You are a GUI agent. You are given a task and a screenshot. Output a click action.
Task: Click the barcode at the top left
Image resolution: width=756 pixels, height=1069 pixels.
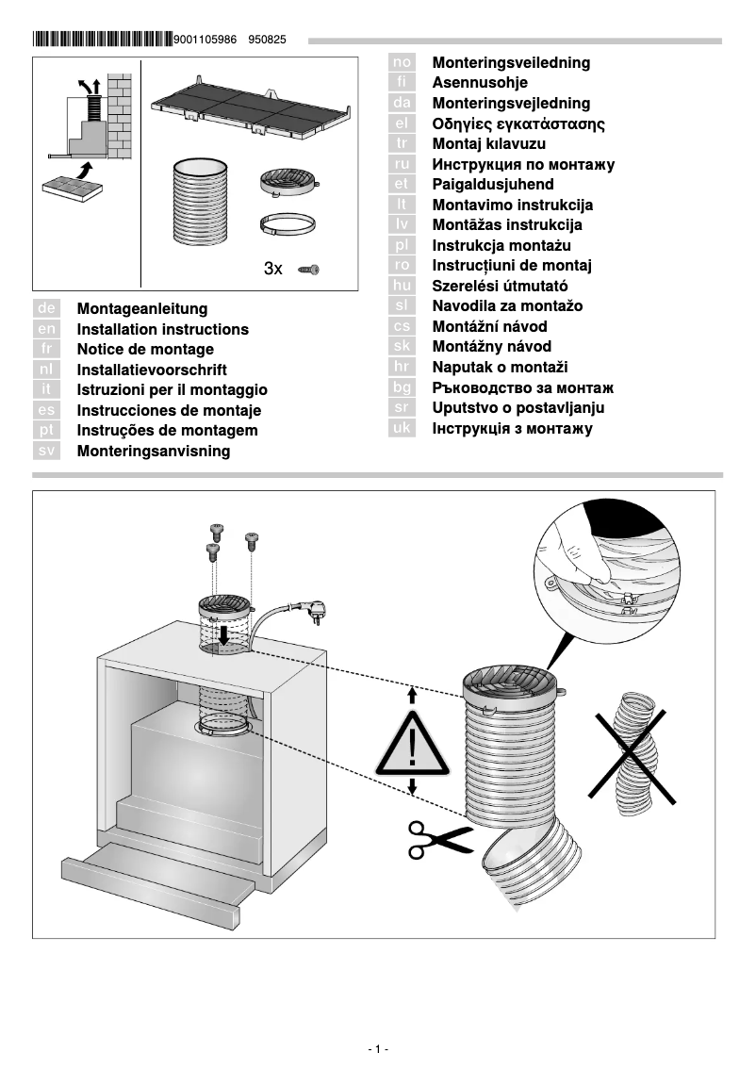pos(102,40)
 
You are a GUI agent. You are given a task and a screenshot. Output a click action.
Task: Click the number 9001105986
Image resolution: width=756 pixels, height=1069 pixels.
pos(207,41)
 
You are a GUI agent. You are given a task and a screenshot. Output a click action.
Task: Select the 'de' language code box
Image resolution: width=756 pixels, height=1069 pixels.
pos(47,308)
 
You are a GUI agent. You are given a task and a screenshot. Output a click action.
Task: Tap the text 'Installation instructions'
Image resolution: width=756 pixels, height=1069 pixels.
pos(162,329)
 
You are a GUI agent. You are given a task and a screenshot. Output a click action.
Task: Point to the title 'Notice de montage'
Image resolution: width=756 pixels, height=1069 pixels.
pos(145,350)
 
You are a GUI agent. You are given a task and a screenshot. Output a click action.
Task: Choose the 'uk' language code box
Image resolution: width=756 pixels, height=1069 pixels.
pos(403,429)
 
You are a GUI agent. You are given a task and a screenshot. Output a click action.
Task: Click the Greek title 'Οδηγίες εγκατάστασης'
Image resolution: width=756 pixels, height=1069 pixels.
pos(518,123)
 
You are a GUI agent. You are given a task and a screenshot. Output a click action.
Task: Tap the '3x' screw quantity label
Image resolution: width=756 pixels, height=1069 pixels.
pos(273,269)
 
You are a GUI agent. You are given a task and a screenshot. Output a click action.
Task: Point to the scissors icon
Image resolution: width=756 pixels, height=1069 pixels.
pos(438,838)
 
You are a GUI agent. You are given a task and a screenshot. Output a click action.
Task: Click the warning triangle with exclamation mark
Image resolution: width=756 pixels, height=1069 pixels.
pos(411,745)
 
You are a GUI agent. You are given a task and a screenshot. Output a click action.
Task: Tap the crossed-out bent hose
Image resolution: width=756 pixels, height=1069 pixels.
pos(634,745)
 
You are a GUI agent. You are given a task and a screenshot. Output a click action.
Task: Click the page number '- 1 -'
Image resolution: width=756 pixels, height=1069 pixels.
pos(378,1049)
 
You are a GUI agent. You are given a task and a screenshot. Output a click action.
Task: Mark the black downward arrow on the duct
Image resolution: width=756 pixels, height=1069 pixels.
pos(223,633)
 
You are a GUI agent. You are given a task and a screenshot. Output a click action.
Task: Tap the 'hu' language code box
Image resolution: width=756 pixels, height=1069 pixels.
pos(403,286)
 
